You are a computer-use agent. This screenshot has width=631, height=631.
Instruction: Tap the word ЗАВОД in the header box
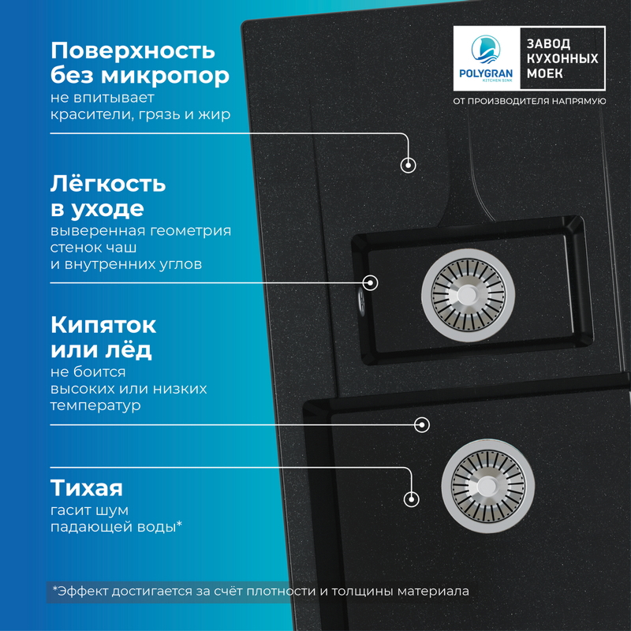pyautogui.click(x=549, y=44)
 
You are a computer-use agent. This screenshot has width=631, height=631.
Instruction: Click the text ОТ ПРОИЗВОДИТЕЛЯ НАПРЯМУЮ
pyautogui.click(x=529, y=101)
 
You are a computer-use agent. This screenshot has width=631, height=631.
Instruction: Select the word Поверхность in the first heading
pyautogui.click(x=133, y=50)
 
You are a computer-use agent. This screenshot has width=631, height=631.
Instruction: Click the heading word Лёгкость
pyautogui.click(x=108, y=184)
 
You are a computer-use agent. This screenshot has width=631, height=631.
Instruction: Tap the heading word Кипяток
pyautogui.click(x=103, y=324)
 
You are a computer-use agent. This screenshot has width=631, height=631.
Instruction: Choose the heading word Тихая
pyautogui.click(x=87, y=486)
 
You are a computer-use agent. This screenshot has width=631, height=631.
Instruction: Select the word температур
pyautogui.click(x=95, y=406)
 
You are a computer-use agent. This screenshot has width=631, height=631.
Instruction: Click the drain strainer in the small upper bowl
pyautogui.click(x=466, y=292)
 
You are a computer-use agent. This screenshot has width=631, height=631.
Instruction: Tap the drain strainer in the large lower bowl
pyautogui.click(x=487, y=480)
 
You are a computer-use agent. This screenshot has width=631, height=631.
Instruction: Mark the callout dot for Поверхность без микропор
pyautogui.click(x=409, y=165)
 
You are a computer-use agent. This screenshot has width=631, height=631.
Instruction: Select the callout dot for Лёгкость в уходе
pyautogui.click(x=370, y=282)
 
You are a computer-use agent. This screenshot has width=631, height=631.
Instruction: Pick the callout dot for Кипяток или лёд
pyautogui.click(x=422, y=424)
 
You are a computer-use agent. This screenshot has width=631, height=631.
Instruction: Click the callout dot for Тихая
pyautogui.click(x=410, y=498)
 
